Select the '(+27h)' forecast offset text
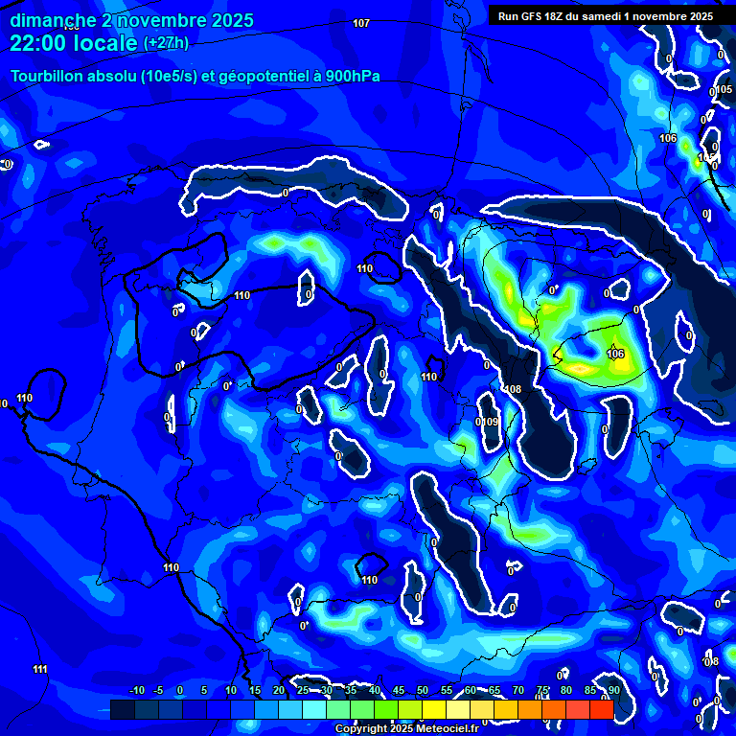tap(166, 43)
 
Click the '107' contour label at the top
tap(361, 23)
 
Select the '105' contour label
tap(724, 90)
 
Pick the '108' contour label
tap(514, 390)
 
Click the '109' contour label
tap(491, 422)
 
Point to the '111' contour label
tap(40, 669)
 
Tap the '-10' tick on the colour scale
tap(136, 690)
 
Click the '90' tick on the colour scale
tap(613, 690)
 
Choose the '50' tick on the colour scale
tap(423, 690)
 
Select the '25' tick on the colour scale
tap(303, 690)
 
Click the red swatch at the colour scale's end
tap(601, 709)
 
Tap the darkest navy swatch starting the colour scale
tap(122, 709)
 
